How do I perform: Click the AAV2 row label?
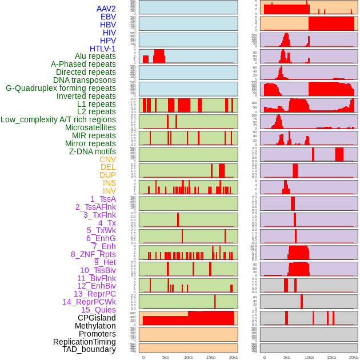(x=106, y=9)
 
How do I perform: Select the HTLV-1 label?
(x=102, y=49)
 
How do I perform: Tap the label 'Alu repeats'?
(x=95, y=56)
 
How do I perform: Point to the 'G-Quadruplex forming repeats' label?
(x=61, y=88)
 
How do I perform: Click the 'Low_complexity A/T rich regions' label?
(x=58, y=119)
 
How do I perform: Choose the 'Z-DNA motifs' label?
(x=92, y=151)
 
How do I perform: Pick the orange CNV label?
(x=107, y=159)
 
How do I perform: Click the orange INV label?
(x=109, y=191)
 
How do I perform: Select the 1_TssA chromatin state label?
(x=103, y=199)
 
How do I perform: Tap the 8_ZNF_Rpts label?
(x=93, y=254)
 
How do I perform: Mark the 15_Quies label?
(x=98, y=310)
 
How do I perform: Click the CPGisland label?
(x=97, y=318)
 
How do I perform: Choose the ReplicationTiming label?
(x=84, y=342)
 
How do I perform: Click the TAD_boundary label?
(x=89, y=349)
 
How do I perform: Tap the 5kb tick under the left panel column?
(x=166, y=357)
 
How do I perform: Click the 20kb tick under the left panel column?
(x=233, y=357)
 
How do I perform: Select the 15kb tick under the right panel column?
(x=331, y=357)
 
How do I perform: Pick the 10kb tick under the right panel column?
(x=309, y=357)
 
